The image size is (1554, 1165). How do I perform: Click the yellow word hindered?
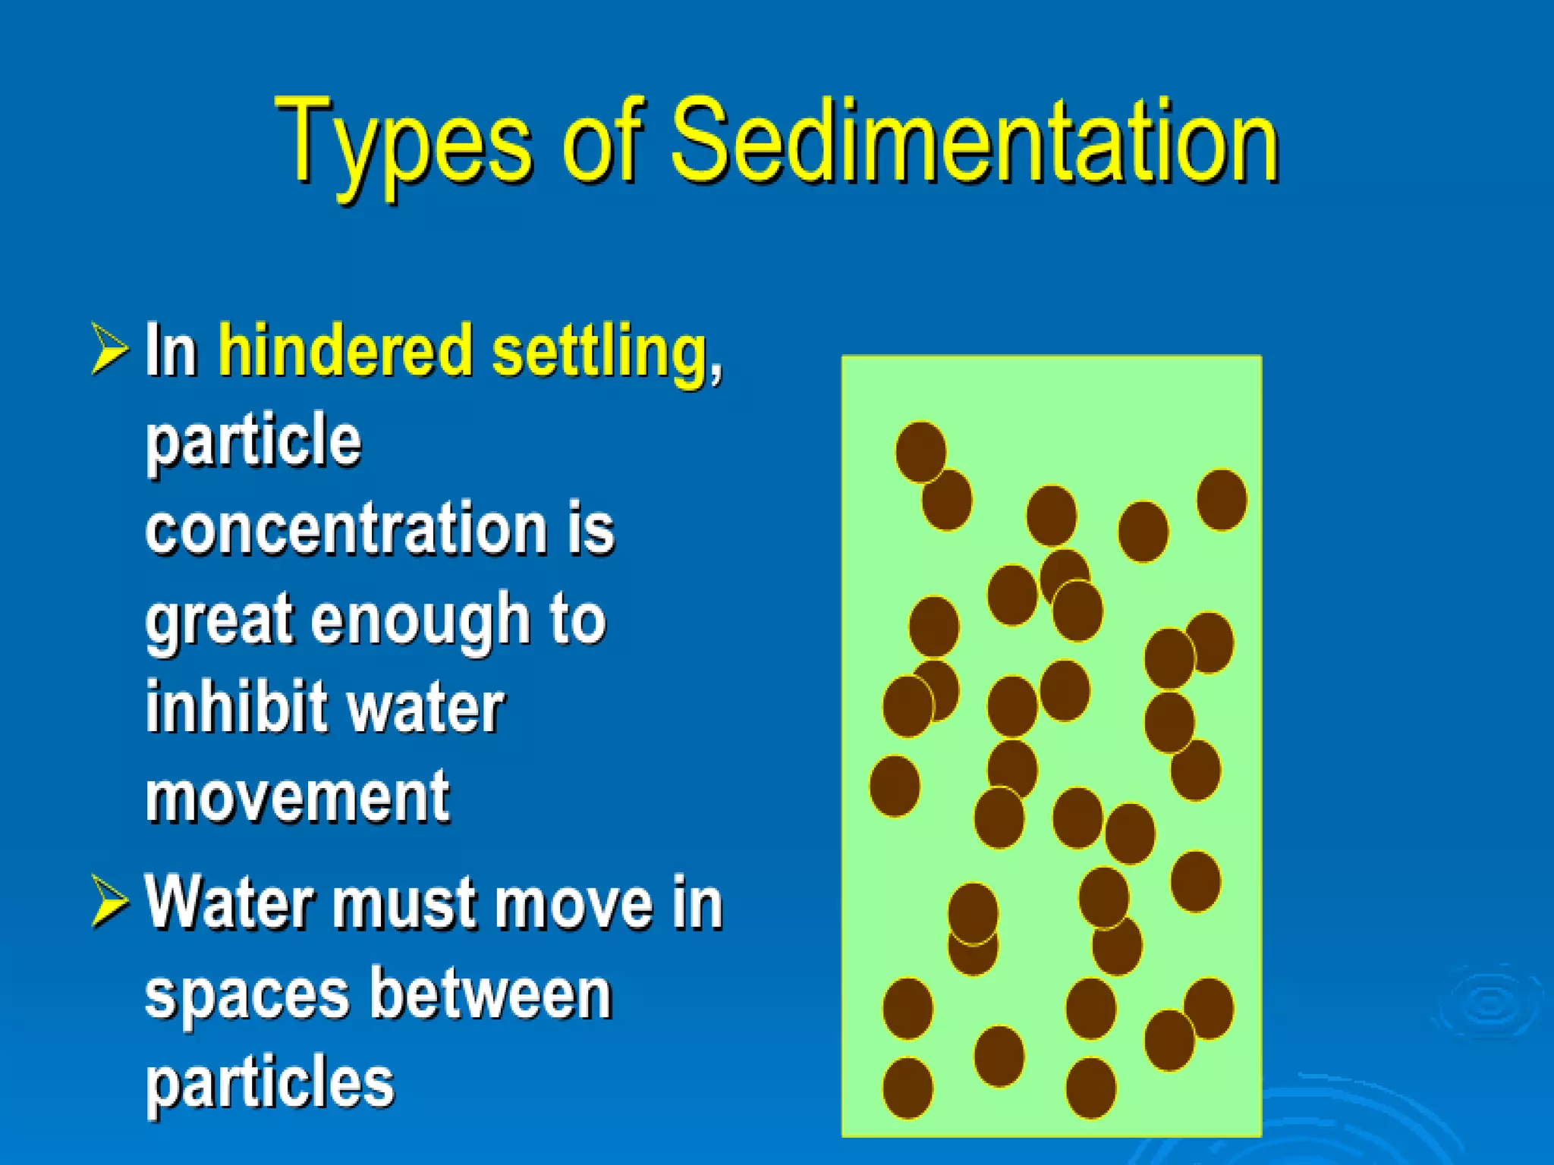[x=346, y=350]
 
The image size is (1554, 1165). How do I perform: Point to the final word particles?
[x=270, y=1083]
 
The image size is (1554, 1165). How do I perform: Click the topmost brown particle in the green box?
[x=920, y=452]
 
